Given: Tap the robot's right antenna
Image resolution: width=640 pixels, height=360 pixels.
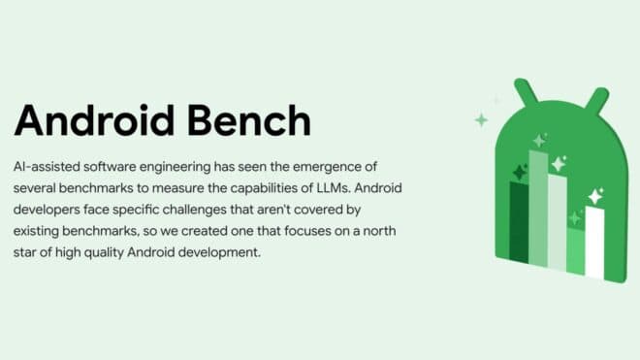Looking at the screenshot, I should tap(598, 97).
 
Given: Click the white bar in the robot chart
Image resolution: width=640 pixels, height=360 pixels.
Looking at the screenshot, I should tap(593, 243).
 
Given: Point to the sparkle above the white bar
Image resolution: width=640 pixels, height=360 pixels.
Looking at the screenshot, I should tap(594, 197).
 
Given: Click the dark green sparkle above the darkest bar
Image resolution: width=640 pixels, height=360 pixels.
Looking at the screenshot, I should tap(519, 173).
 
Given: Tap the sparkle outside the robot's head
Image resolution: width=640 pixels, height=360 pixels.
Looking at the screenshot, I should tap(480, 120).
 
